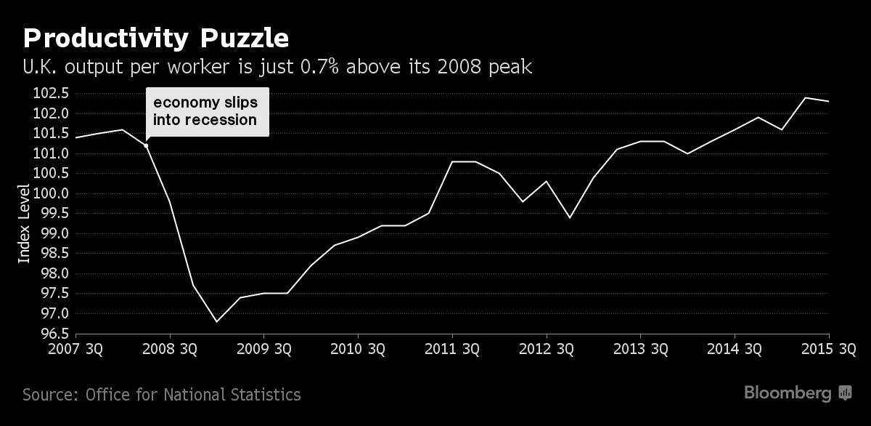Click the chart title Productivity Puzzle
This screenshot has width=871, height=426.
coord(157,38)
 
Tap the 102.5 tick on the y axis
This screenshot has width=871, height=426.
coord(49,93)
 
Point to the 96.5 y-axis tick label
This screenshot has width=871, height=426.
coord(50,334)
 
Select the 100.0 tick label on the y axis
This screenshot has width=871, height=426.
coord(49,193)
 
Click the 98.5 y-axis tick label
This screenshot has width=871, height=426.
coord(50,254)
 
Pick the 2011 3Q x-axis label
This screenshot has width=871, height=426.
coord(451,349)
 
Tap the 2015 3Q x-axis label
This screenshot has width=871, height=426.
coord(830,349)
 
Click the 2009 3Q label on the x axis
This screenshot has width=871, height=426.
coord(263,349)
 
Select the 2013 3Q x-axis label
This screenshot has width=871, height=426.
coord(640,349)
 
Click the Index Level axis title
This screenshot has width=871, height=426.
coord(24,223)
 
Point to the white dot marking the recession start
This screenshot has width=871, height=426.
coord(146,145)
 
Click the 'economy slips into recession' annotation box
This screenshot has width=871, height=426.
coord(207,111)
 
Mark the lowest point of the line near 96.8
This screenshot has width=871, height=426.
coord(216,321)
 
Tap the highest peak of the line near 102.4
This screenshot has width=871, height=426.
coord(806,97)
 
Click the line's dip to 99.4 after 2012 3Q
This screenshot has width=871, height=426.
coord(570,217)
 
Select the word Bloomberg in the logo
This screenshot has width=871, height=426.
coord(788,393)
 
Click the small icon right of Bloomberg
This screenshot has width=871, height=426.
coord(845,393)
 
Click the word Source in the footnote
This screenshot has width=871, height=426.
coord(49,395)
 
